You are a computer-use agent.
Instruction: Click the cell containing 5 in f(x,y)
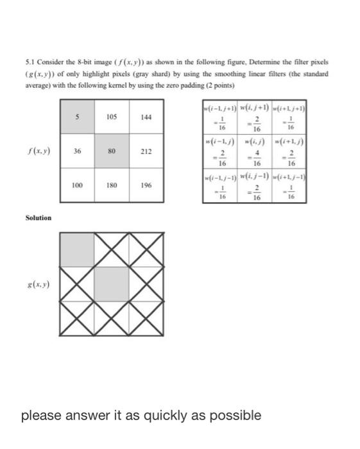(x=77, y=117)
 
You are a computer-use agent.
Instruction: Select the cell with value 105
(x=111, y=117)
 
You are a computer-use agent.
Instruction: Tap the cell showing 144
(x=146, y=117)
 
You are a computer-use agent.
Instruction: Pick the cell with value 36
(x=77, y=151)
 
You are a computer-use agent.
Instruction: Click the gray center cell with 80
(x=111, y=151)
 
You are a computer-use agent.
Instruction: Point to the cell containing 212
(x=146, y=151)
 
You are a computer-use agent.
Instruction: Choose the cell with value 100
(x=77, y=185)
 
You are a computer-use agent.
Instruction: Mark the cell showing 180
(x=111, y=185)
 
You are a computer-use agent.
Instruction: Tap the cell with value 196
(x=146, y=185)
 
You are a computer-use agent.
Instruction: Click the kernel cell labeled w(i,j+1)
(x=255, y=117)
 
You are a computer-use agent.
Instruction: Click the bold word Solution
(x=38, y=218)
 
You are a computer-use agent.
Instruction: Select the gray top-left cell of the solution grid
(x=77, y=249)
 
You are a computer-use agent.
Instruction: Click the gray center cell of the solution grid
(x=111, y=282)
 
